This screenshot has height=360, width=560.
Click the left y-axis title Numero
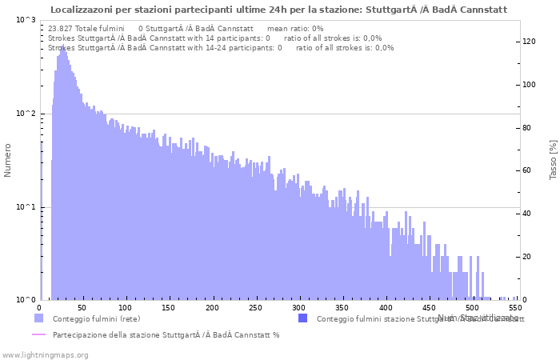(8, 160)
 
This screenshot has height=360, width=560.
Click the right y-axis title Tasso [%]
(553, 159)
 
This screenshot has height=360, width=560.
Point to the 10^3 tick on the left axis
(26, 19)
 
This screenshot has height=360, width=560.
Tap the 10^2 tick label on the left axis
(26, 114)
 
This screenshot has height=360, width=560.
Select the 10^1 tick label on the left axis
(26, 207)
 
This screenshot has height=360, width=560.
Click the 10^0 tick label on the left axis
(26, 301)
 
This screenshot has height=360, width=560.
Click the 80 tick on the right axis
(527, 128)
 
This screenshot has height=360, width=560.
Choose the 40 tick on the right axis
(527, 214)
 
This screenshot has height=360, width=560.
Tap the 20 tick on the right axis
(527, 257)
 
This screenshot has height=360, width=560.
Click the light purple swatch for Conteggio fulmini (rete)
(38, 318)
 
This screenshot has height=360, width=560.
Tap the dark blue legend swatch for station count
(302, 318)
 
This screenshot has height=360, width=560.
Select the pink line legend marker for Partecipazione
(38, 334)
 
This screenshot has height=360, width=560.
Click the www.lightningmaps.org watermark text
(46, 354)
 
